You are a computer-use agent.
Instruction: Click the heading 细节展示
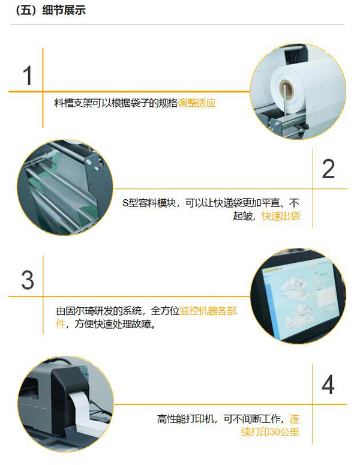[x=64, y=10]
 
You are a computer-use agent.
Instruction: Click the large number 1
[x=28, y=76]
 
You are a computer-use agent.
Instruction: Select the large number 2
[x=328, y=169]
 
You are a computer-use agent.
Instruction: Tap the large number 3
[x=28, y=280]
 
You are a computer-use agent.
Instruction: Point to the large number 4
[x=328, y=385]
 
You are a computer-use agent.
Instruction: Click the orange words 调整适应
[x=197, y=103]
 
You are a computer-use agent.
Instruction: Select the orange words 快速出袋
[x=281, y=216]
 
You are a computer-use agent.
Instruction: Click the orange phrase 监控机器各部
[x=208, y=311]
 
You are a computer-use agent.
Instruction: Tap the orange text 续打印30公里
[x=270, y=432]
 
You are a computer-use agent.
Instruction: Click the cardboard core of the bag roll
[x=287, y=88]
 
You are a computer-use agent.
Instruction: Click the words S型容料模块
[x=149, y=203]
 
